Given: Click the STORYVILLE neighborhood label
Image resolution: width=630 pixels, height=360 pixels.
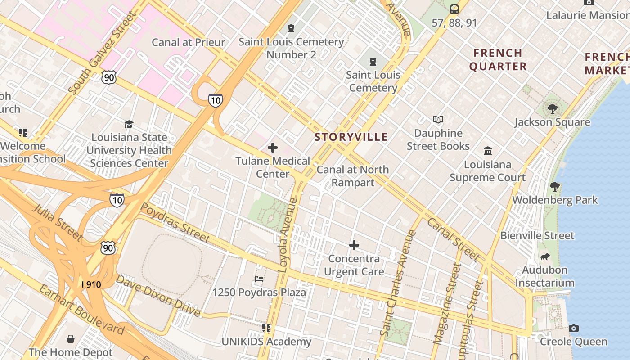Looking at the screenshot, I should click(x=351, y=137).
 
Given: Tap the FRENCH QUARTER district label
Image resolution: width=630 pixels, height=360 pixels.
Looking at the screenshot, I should click(x=498, y=59).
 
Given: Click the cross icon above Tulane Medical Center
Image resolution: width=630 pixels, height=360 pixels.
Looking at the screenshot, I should click(x=273, y=148).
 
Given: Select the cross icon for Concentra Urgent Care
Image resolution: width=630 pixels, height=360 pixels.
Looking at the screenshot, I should click(x=354, y=245).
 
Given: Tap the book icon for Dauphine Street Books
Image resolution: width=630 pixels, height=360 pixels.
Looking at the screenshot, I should click(x=438, y=119).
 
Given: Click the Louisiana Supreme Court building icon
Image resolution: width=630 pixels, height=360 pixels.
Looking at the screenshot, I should click(x=488, y=151).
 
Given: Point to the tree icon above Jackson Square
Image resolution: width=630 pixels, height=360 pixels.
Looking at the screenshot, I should click(x=552, y=108).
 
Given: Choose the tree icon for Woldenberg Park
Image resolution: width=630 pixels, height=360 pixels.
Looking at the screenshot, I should click(x=555, y=186).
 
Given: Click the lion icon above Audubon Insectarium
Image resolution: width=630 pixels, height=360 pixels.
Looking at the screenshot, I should click(x=545, y=257).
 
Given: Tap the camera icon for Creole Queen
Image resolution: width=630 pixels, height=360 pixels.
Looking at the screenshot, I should click(x=573, y=328).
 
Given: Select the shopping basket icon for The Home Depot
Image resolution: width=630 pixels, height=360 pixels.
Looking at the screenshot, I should click(x=71, y=338).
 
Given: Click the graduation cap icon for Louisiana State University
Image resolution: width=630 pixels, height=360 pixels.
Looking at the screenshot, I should click(x=129, y=124).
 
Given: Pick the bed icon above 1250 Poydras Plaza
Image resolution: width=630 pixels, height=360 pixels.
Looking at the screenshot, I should click(x=259, y=279).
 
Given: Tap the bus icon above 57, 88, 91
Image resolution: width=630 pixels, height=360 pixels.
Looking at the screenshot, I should click(x=454, y=9).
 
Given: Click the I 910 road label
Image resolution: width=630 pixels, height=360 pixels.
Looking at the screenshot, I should click(x=91, y=284).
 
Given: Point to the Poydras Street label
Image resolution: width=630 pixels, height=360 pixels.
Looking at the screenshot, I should click(x=175, y=222).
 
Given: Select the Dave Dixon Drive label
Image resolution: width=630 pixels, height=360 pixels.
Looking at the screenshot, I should click(x=158, y=295).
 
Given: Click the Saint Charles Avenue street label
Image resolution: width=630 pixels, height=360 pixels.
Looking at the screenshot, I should click(x=398, y=283).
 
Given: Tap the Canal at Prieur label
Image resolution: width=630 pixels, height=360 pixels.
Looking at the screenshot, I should click(x=188, y=42).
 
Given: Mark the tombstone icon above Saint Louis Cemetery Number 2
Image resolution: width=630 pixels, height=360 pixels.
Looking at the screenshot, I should click(x=291, y=28).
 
